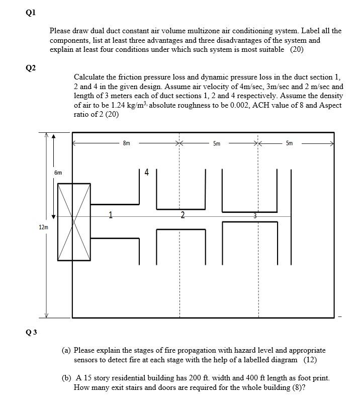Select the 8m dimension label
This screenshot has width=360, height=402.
pos(126,143)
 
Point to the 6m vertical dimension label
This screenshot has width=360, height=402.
pos(58,173)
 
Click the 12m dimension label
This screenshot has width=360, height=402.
pos(44,227)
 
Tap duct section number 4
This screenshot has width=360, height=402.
pos(146,173)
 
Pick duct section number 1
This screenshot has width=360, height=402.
pos(110,216)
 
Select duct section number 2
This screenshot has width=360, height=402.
pos(182,216)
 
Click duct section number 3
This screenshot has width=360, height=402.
pos(255,215)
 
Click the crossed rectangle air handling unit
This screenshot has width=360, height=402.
pos(74,222)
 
